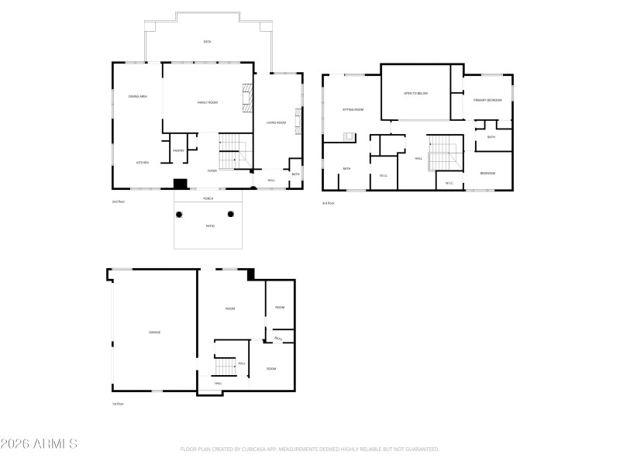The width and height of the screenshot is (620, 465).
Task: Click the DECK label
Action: (x=207, y=42)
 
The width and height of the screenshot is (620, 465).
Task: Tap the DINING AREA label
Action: (x=138, y=96)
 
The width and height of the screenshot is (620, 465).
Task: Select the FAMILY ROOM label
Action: (x=207, y=102)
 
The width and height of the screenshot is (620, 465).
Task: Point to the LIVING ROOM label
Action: (x=277, y=122)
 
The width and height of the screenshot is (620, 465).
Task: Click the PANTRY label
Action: (x=178, y=150)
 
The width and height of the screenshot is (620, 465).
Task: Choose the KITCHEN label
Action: (x=143, y=163)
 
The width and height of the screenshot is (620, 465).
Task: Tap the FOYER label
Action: (x=212, y=170)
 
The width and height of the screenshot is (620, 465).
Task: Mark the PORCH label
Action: (x=208, y=199)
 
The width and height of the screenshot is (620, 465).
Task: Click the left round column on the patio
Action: (x=179, y=214)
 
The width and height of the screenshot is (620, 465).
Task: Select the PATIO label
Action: (x=210, y=226)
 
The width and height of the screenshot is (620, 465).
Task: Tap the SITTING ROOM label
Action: (x=353, y=110)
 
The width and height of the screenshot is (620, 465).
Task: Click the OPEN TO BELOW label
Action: (x=415, y=93)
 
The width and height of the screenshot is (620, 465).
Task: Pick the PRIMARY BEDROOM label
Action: (x=488, y=100)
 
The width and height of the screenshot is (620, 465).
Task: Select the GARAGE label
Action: (x=155, y=332)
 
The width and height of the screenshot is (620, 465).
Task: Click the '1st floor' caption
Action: (x=118, y=404)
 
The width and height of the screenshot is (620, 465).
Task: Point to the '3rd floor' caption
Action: (x=329, y=203)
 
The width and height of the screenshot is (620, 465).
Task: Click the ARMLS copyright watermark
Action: (x=39, y=444)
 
